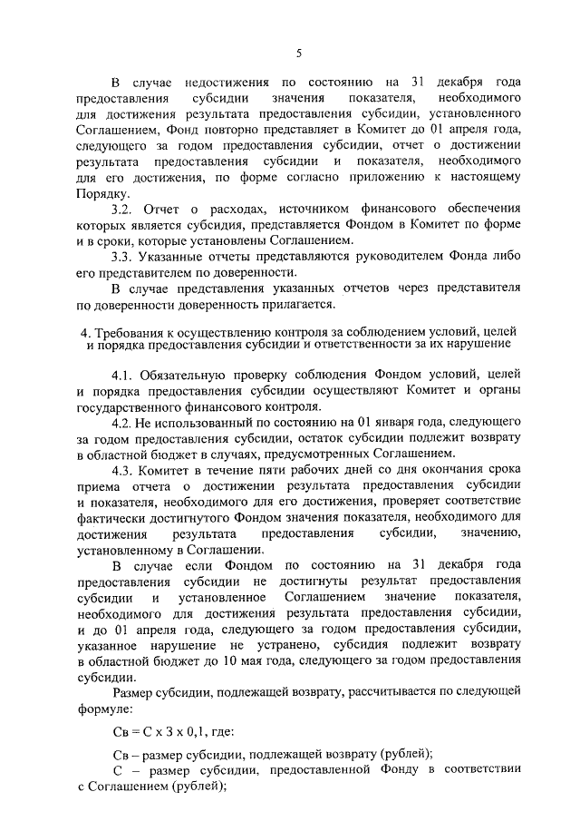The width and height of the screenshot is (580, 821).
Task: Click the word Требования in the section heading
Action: (125, 329)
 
